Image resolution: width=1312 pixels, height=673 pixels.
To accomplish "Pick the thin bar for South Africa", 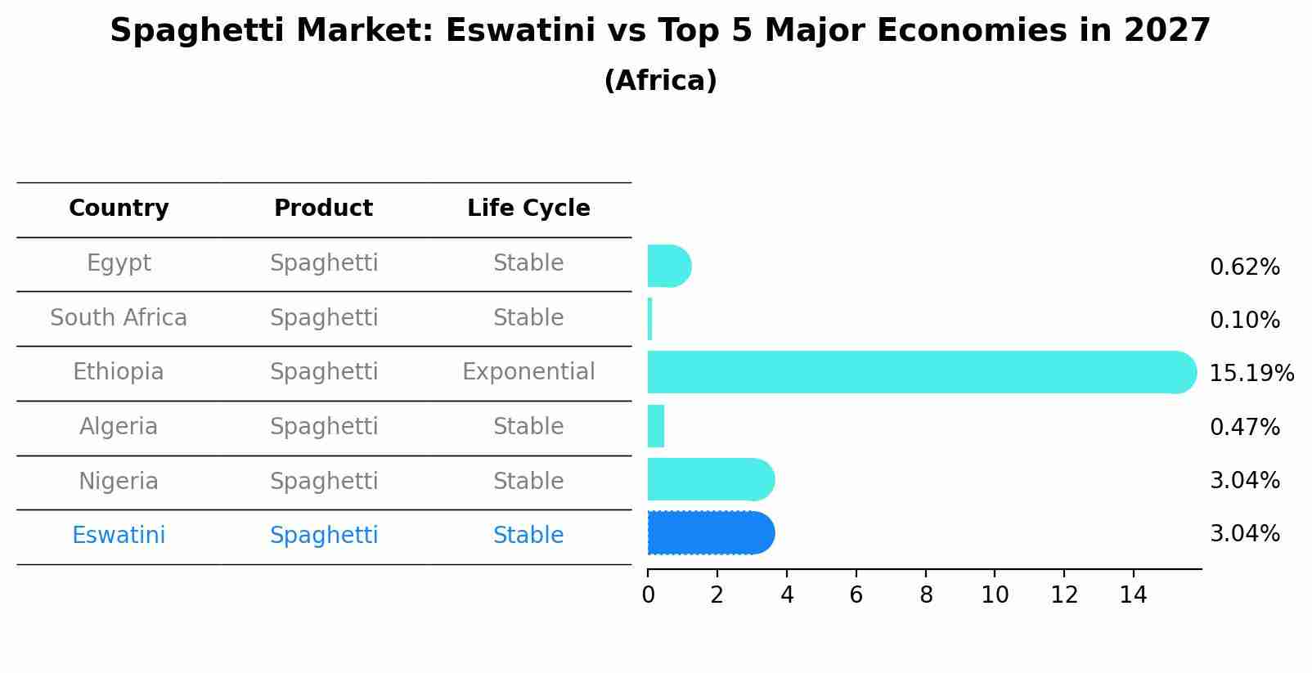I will point(649,319).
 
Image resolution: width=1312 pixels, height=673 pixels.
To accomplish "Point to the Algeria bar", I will point(655,426).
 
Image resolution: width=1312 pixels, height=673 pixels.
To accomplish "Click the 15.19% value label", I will point(1251,374).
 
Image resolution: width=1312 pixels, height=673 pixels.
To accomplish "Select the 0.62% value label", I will point(1244,267).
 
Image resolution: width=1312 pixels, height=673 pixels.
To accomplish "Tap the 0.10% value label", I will point(1244,321).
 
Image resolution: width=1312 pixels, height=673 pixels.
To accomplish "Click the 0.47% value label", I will point(1244,427).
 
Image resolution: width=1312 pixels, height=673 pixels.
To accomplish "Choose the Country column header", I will point(119,209).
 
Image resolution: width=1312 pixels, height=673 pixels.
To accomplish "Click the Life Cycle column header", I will point(528,209).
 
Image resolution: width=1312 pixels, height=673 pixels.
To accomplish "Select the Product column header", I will point(323,209).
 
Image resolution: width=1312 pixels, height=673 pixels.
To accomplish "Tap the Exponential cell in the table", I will point(528,372).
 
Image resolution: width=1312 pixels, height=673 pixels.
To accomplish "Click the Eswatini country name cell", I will point(119,536).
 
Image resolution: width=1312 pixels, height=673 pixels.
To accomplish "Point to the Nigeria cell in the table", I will point(119,482).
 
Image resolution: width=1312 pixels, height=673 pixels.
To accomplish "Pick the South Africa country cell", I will point(119,318).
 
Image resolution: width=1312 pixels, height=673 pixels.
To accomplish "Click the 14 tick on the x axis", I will point(1134,595).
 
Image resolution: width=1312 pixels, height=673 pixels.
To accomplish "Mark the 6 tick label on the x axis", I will point(856,595).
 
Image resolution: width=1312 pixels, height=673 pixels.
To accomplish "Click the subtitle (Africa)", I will point(660,81).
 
